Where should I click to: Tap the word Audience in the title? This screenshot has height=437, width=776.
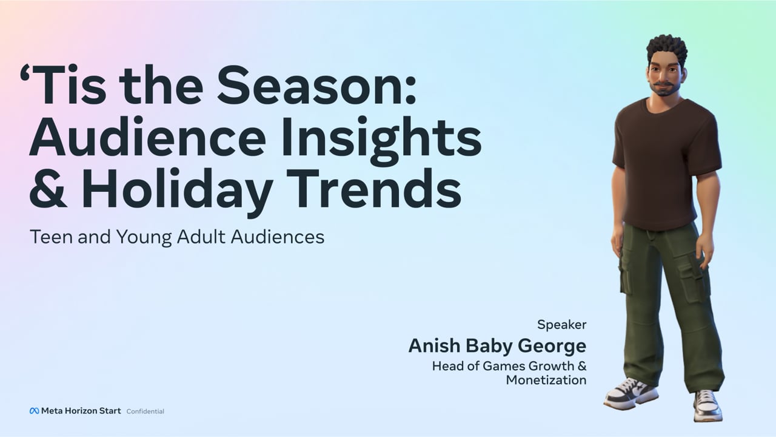147,137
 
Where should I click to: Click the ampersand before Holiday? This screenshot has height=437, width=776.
48,188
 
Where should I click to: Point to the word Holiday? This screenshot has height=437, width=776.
176,192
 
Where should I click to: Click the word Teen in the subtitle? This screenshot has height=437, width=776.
53,237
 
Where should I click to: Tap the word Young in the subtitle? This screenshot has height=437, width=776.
144,238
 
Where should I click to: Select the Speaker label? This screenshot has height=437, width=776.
561,325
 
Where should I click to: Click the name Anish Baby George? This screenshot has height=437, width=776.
498,346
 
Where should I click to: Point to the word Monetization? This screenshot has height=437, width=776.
546,380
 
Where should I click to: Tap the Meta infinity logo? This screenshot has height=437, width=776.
34,411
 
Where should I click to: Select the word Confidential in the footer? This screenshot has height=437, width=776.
145,412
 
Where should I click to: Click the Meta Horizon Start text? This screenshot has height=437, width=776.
81,411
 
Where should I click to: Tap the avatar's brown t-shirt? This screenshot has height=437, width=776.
666,163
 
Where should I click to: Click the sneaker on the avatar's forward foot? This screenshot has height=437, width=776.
631,394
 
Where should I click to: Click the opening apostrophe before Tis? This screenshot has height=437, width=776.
25,73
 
